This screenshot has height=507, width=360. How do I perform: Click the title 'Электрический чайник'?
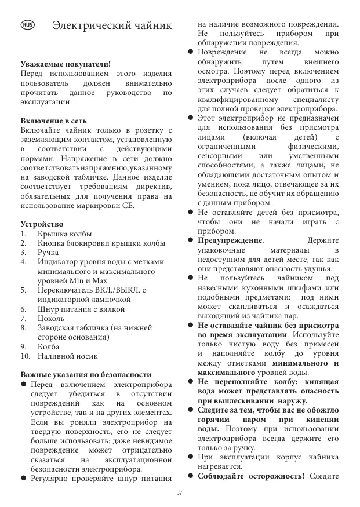click(112, 26)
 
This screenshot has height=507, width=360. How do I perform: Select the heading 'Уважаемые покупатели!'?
click(66, 64)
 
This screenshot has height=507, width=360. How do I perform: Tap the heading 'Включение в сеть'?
click(53, 121)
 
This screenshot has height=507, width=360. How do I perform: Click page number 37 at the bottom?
click(180, 493)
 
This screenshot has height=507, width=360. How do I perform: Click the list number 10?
click(25, 356)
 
